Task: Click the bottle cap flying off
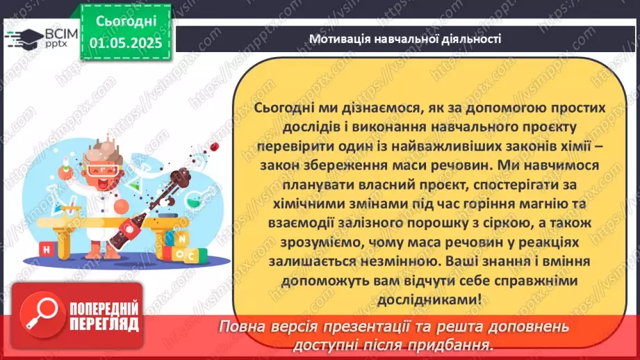point(215,146)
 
